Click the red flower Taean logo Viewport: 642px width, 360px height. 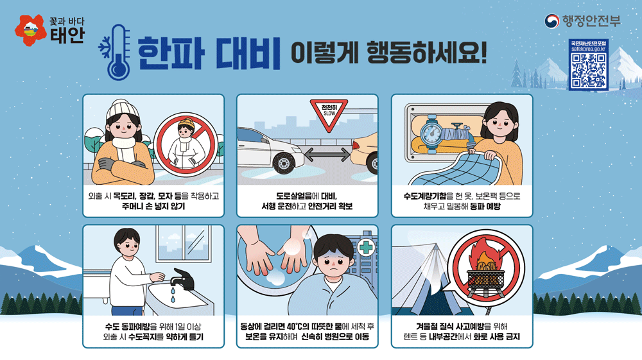[30, 30]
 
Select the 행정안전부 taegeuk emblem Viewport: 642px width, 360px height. [551, 21]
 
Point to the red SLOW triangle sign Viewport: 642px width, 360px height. [329, 114]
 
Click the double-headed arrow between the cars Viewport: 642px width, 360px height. [327, 155]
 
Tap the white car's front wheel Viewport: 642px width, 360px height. [283, 162]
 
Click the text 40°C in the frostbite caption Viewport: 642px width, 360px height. [294, 327]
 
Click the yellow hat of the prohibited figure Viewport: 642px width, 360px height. [186, 123]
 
